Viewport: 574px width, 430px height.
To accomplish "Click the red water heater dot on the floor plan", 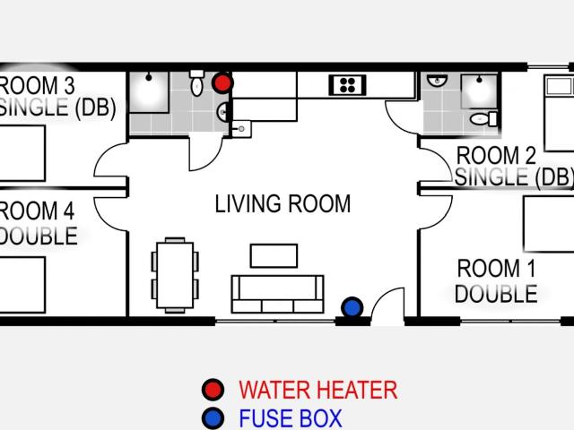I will (x=222, y=83).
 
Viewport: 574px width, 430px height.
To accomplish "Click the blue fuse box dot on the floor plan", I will (x=352, y=307).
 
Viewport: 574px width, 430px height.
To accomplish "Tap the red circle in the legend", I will (x=213, y=390).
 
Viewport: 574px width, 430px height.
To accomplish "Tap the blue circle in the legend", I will (x=213, y=418).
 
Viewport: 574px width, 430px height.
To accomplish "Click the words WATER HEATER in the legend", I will (x=317, y=390).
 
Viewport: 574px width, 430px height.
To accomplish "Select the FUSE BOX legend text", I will (x=290, y=418).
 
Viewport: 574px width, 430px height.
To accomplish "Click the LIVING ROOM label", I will (x=283, y=203).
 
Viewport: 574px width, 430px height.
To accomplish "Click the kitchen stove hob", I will (x=347, y=85).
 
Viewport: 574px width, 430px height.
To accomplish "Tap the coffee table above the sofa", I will (x=274, y=255).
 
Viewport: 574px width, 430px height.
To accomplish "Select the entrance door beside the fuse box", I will (x=387, y=305).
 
